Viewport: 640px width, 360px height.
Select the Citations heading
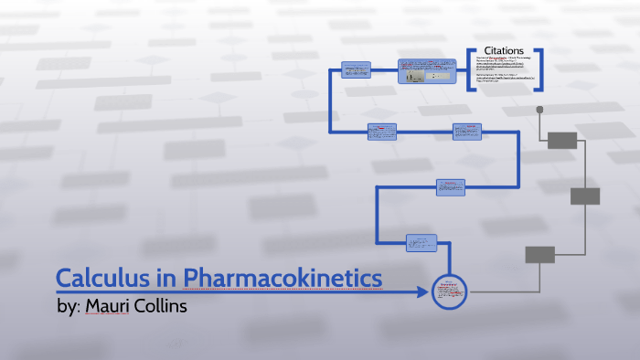pyautogui.click(x=504, y=52)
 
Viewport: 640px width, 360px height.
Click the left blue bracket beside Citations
pyautogui.click(x=469, y=69)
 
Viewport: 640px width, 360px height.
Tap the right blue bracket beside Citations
pyautogui.click(x=539, y=69)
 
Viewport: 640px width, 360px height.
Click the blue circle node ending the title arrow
pyautogui.click(x=449, y=291)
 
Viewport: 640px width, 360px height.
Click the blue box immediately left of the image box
pyautogui.click(x=356, y=70)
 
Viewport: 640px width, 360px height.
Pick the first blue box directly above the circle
pyautogui.click(x=421, y=243)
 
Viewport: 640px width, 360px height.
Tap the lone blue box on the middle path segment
pyautogui.click(x=451, y=186)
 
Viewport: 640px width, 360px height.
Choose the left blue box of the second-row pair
pyautogui.click(x=381, y=132)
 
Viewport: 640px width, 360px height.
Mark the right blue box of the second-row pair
pyautogui.click(x=466, y=132)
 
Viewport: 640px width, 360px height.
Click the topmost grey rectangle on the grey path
pyautogui.click(x=562, y=140)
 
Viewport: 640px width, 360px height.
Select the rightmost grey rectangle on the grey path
pyautogui.click(x=584, y=196)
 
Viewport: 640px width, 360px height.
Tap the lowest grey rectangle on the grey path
pyautogui.click(x=539, y=254)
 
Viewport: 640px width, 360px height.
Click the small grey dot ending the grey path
pyautogui.click(x=539, y=110)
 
